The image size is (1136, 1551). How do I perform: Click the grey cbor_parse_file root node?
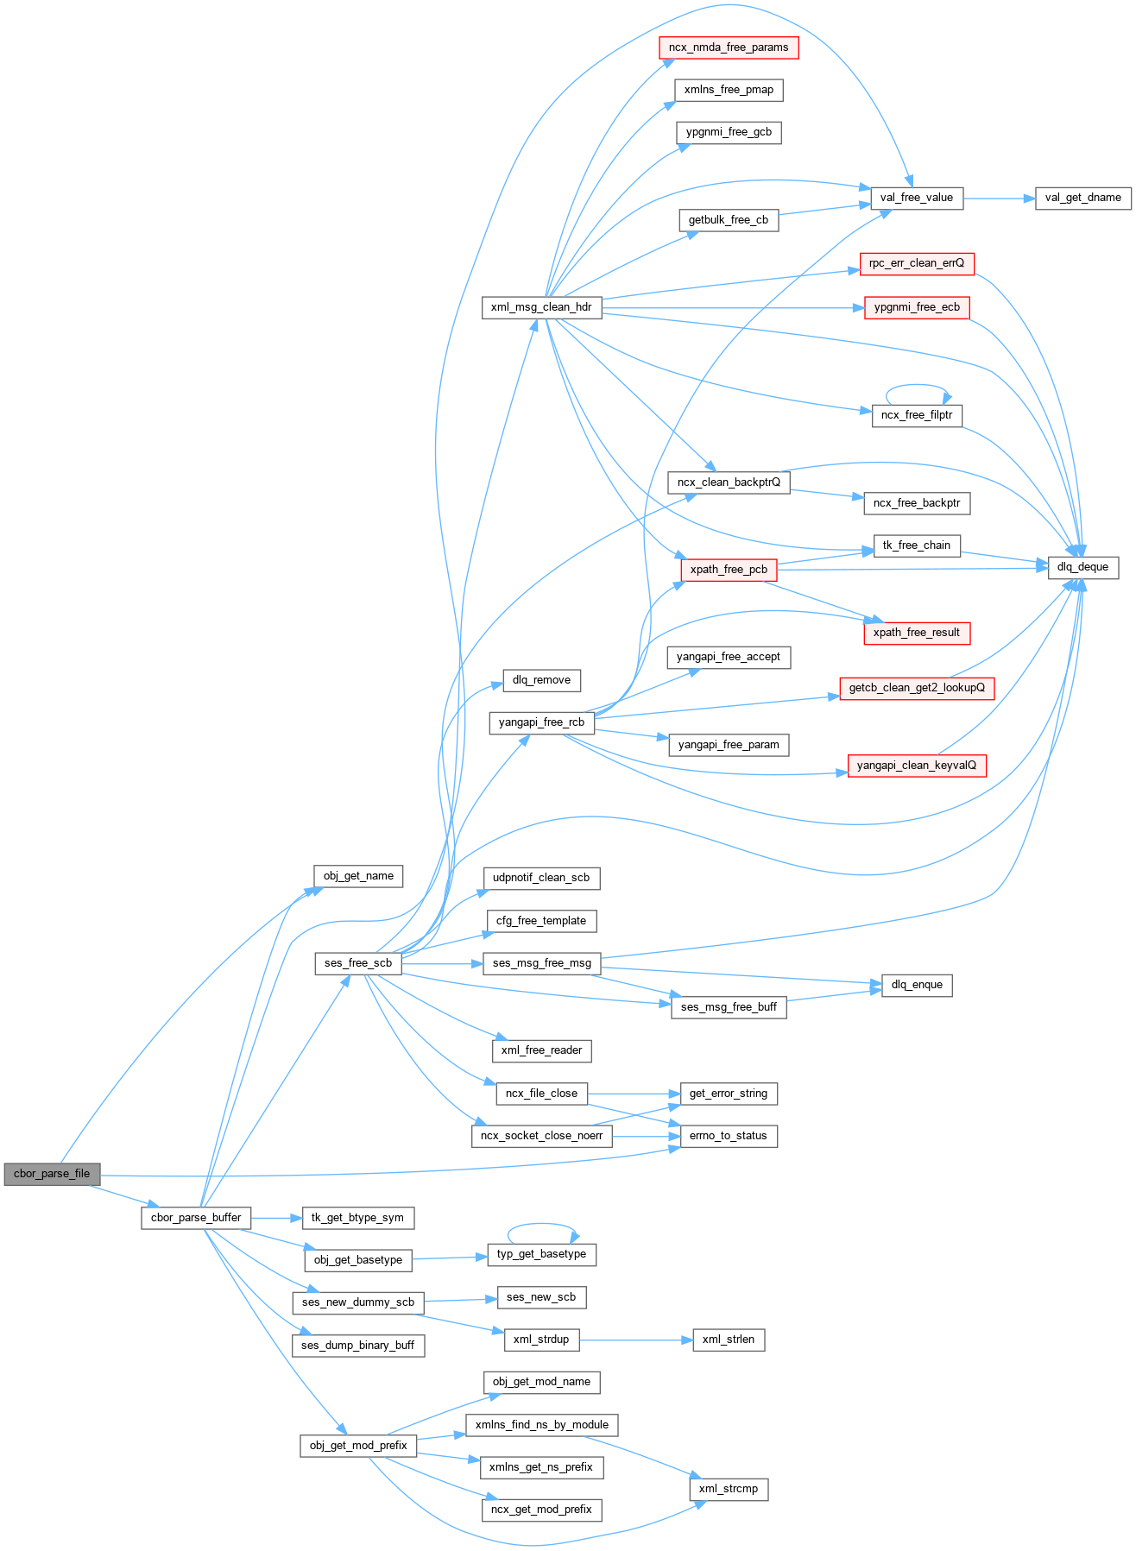coord(52,1174)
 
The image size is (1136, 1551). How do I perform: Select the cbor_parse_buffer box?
coord(196,1218)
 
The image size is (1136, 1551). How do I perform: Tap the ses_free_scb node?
coord(358,963)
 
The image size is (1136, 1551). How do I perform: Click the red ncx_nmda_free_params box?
coord(729,47)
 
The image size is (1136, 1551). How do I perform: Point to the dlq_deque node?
coord(1082,567)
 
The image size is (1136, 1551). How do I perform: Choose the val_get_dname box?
coord(1082,198)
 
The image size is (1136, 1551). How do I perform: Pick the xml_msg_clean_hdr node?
coord(541,307)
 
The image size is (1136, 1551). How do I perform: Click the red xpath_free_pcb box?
coord(729,570)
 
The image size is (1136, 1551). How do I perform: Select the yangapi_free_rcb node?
coord(541,722)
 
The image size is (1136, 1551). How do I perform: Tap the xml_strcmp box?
coord(729,1489)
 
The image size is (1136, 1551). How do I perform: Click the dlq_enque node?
coord(917,985)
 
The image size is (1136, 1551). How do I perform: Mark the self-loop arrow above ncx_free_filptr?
coord(917,386)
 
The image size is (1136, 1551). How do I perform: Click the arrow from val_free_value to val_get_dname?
coord(999,199)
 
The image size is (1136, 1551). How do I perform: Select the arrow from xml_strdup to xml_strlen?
coord(635,1340)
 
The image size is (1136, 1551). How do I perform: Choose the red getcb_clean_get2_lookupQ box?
coord(917,688)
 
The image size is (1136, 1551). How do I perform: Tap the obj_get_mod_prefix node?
coord(358,1446)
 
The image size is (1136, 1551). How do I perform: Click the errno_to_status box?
coord(729,1136)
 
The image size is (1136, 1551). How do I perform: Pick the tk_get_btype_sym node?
coord(357,1218)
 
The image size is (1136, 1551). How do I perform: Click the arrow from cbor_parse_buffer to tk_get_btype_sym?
coord(276,1218)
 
